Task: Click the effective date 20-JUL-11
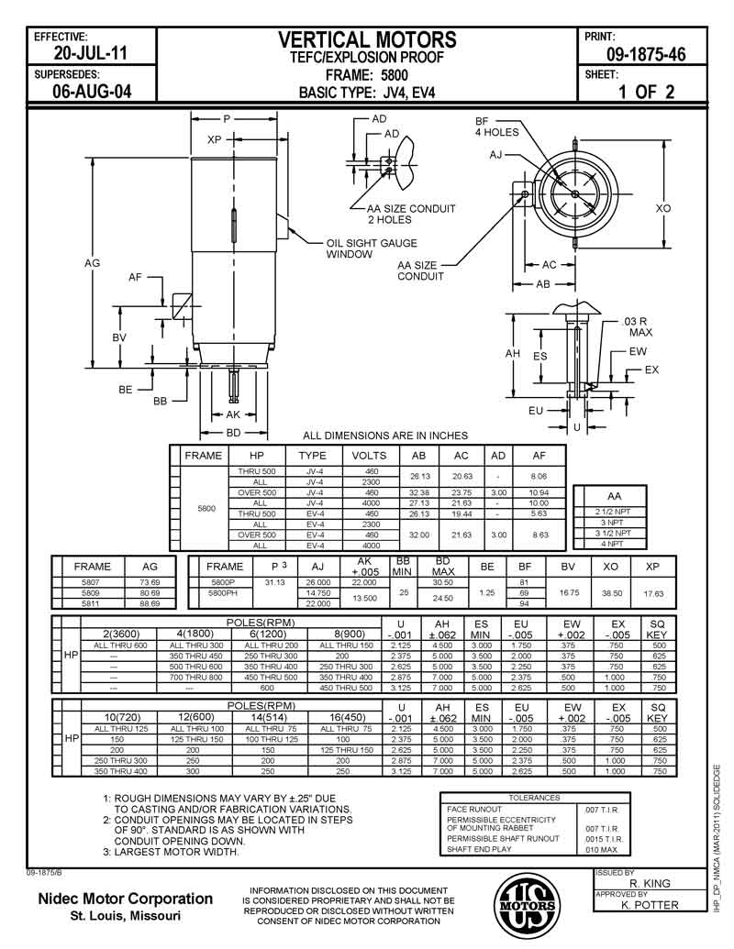pyautogui.click(x=93, y=54)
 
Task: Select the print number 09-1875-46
pyautogui.click(x=646, y=54)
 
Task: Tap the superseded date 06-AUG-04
pyautogui.click(x=93, y=93)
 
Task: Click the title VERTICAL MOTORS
pyautogui.click(x=367, y=39)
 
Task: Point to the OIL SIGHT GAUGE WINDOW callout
pyautogui.click(x=372, y=248)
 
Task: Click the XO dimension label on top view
pyautogui.click(x=662, y=209)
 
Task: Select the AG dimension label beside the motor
pyautogui.click(x=92, y=263)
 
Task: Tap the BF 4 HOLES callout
pyautogui.click(x=496, y=127)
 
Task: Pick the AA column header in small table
pyautogui.click(x=602, y=494)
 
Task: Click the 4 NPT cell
pyautogui.click(x=602, y=544)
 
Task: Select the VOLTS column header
pyautogui.click(x=370, y=455)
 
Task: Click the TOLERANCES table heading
pyautogui.click(x=534, y=798)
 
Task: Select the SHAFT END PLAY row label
pyautogui.click(x=480, y=850)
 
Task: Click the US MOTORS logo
pyautogui.click(x=526, y=904)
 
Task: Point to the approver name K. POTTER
pyautogui.click(x=650, y=905)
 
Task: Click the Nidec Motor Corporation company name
pyautogui.click(x=125, y=899)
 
